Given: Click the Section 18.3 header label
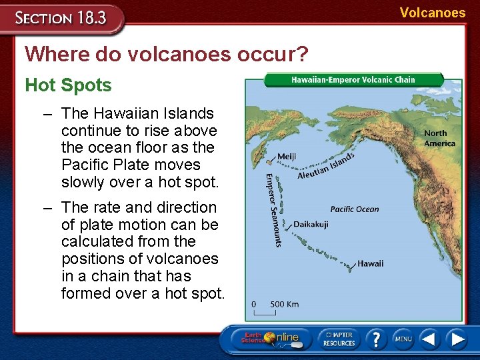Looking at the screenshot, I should [61, 17].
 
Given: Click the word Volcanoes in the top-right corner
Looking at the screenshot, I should [433, 13].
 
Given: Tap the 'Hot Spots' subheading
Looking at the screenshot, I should [68, 85].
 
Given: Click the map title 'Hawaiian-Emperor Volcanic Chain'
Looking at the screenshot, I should [353, 79].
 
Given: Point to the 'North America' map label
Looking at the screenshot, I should [439, 138].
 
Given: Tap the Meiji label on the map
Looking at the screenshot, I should [286, 157].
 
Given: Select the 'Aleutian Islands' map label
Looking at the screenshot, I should [325, 166].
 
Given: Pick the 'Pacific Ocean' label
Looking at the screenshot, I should [354, 209].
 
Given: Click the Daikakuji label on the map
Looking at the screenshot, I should [311, 225].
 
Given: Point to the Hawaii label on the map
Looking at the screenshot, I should [370, 263].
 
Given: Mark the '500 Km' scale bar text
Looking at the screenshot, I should [284, 305].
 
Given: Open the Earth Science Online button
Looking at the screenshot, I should [270, 338].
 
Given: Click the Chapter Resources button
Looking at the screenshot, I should [339, 338].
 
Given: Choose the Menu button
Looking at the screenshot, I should [403, 339].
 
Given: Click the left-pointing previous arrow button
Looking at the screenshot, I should [430, 339].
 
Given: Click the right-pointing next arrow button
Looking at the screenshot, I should [457, 339].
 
